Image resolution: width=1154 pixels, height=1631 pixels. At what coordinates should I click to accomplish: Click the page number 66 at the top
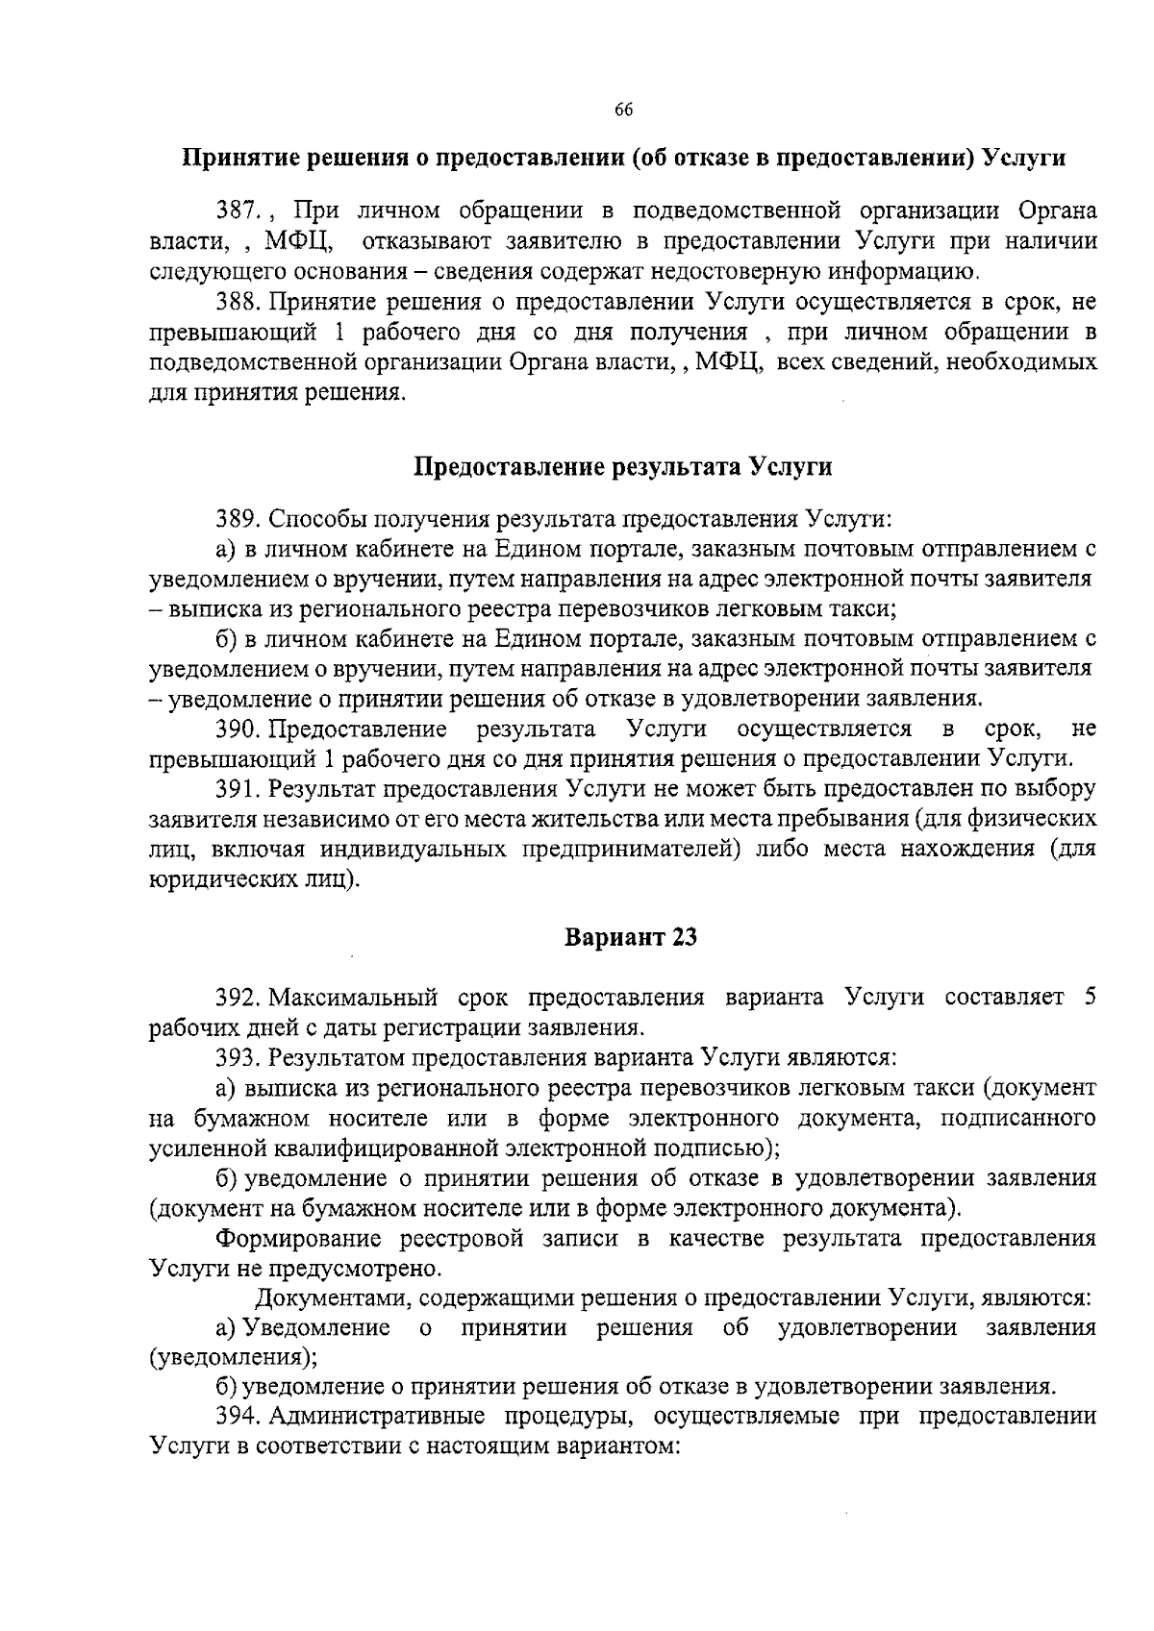(622, 110)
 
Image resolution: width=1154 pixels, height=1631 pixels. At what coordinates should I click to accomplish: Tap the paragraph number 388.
(237, 303)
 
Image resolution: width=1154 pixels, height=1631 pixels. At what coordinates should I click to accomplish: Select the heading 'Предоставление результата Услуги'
(622, 467)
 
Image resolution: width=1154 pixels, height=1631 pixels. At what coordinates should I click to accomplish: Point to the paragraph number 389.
(237, 520)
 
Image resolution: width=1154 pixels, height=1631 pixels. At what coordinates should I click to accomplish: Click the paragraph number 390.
(237, 729)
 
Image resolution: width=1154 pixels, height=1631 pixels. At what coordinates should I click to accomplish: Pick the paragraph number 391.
(237, 789)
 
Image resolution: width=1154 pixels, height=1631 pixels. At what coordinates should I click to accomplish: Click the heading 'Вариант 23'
(630, 937)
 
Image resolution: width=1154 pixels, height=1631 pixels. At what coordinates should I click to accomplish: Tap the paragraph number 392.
(237, 997)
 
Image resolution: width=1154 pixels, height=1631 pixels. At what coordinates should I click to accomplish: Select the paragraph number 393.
(237, 1058)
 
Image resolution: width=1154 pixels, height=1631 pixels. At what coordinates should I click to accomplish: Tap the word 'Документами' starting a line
(333, 1298)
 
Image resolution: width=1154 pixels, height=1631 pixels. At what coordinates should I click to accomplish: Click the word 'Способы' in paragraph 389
(314, 520)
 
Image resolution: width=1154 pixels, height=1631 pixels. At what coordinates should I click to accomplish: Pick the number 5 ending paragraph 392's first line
(1090, 997)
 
